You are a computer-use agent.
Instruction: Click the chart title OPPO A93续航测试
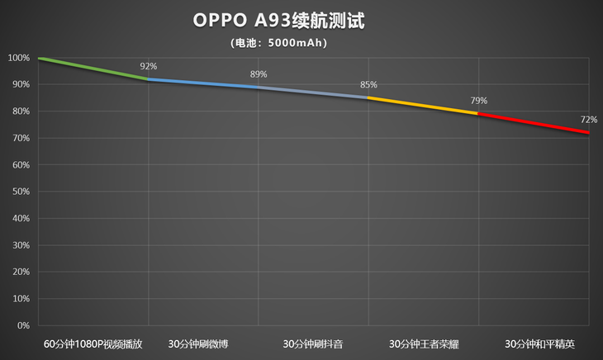[278, 20]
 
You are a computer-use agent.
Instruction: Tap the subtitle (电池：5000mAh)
[278, 43]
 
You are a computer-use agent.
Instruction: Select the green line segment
[93, 69]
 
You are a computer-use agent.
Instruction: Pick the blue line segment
[203, 83]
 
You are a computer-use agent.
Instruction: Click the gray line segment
[313, 92]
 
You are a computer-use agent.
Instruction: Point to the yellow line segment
[423, 106]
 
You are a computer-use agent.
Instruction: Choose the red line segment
[533, 123]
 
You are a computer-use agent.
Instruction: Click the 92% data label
[149, 66]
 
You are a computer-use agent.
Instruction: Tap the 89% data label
[259, 74]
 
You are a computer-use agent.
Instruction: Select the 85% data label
[368, 84]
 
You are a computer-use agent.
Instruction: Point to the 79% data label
[478, 101]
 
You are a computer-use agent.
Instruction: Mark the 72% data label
[588, 120]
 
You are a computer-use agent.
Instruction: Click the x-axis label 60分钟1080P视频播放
[93, 343]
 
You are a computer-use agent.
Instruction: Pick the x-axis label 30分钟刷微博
[203, 343]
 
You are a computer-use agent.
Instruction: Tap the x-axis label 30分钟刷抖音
[313, 343]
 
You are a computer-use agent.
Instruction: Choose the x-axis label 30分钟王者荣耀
[423, 343]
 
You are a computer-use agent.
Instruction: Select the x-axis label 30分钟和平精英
[533, 343]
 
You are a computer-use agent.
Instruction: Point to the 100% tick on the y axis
[18, 58]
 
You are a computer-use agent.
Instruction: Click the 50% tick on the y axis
[20, 192]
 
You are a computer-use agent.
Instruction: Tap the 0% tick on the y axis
[23, 325]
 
